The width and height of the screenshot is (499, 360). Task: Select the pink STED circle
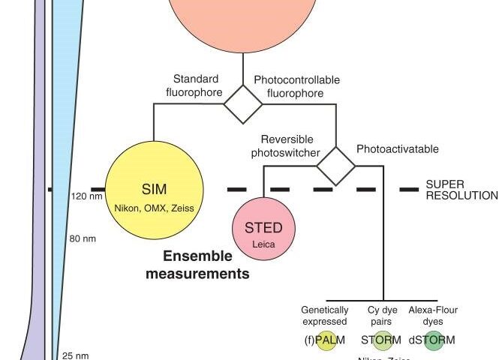(264, 229)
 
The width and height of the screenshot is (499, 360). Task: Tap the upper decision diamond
(245, 104)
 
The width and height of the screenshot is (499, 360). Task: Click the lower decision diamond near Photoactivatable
(335, 165)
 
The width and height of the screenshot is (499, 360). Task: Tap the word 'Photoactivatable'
(398, 148)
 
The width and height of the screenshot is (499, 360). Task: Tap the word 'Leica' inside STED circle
(263, 243)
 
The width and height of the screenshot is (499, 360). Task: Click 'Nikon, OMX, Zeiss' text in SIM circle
(154, 207)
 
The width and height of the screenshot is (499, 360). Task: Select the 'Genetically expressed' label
(324, 315)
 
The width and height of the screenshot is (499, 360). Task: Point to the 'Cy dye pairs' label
(382, 315)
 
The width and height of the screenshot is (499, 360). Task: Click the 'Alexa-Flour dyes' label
(433, 315)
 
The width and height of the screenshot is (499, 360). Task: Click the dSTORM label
(432, 340)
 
